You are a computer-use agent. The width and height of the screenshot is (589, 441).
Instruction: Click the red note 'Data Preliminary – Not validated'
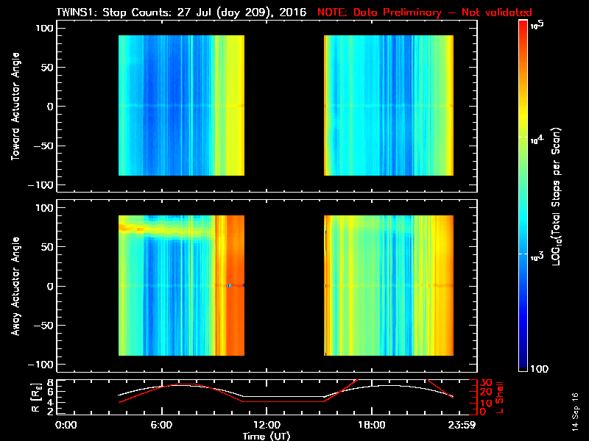pyautogui.click(x=424, y=12)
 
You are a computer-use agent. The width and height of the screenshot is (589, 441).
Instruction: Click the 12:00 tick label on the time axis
pyautogui.click(x=267, y=424)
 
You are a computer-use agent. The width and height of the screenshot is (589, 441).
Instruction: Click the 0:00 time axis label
pyautogui.click(x=66, y=424)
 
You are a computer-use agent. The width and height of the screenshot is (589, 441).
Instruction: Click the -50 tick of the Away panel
pyautogui.click(x=43, y=325)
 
